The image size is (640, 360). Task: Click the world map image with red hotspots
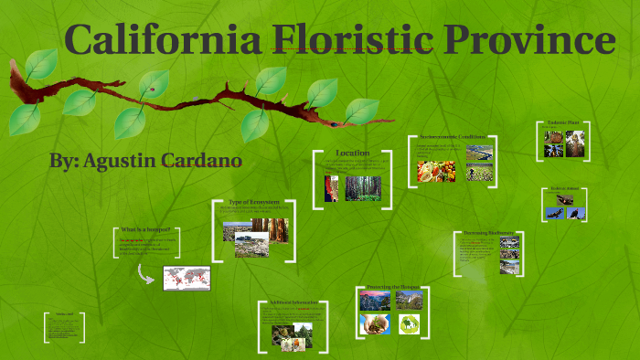click(187, 278)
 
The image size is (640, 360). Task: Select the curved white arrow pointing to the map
click(146, 272)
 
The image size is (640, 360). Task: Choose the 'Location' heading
click(352, 153)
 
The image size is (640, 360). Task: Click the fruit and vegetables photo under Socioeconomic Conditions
click(436, 171)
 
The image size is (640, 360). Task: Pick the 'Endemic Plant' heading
click(561, 122)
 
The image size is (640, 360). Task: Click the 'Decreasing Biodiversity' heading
click(486, 233)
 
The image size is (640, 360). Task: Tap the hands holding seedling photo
click(375, 323)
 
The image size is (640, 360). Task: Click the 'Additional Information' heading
click(293, 302)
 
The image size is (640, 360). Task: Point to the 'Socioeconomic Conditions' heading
click(452, 135)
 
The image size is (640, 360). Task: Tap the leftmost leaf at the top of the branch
click(41, 65)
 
